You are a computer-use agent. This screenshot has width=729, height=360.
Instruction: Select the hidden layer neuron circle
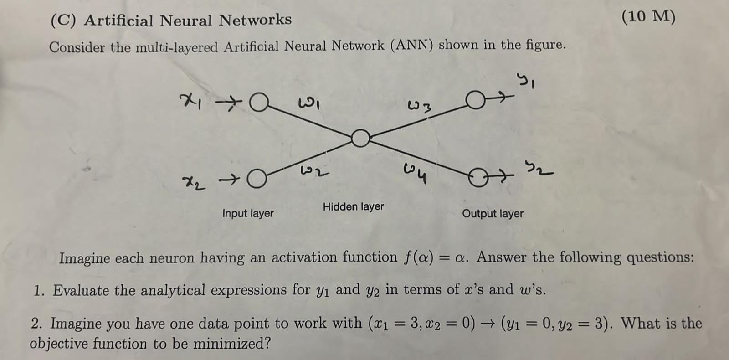point(360,138)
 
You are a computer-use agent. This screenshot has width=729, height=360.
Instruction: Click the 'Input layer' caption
point(248,213)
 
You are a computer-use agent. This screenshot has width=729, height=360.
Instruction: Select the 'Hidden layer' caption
point(353,206)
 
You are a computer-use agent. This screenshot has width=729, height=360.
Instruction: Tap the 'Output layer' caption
point(493,213)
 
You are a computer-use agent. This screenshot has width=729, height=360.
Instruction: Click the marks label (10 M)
point(648,16)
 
